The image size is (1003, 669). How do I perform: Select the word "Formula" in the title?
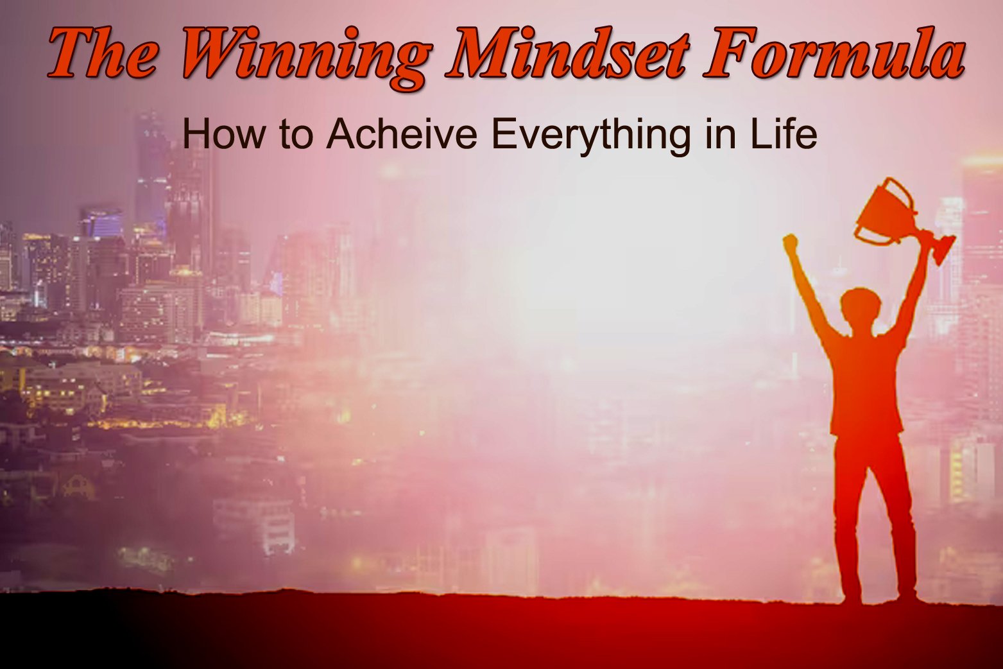pos(834,51)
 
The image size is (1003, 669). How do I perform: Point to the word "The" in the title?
pos(103,52)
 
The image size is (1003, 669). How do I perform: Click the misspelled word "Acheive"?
pos(402,134)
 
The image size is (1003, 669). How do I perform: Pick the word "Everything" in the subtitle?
pos(591,136)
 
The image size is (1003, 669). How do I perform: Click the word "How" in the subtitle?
pos(224,134)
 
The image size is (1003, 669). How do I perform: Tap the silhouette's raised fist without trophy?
pos(791,243)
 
